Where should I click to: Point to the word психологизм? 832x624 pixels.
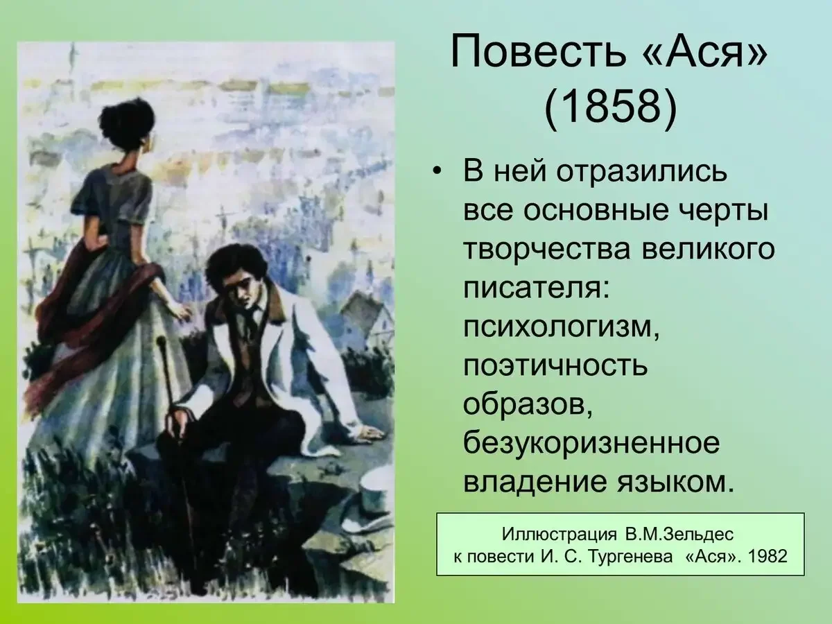(560, 327)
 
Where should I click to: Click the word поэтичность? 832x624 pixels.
(555, 365)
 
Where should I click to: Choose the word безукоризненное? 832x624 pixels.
(591, 444)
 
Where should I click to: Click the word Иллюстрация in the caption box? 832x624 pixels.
(559, 534)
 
